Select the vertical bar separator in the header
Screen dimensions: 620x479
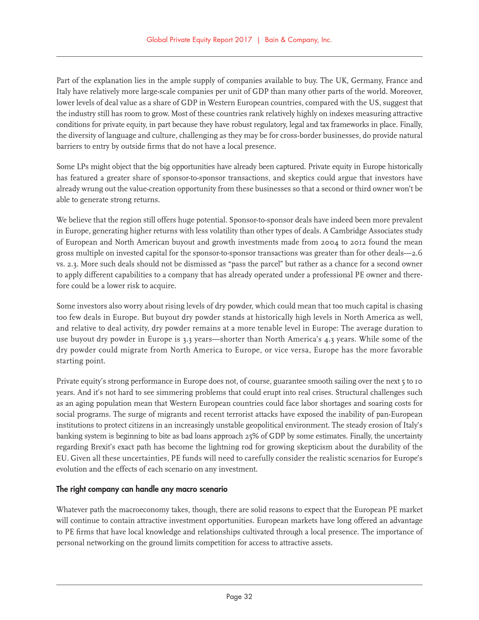(258, 40)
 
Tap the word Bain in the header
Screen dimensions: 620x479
(272, 40)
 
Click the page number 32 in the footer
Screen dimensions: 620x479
(248, 596)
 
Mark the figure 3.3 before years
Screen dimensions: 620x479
(188, 339)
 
